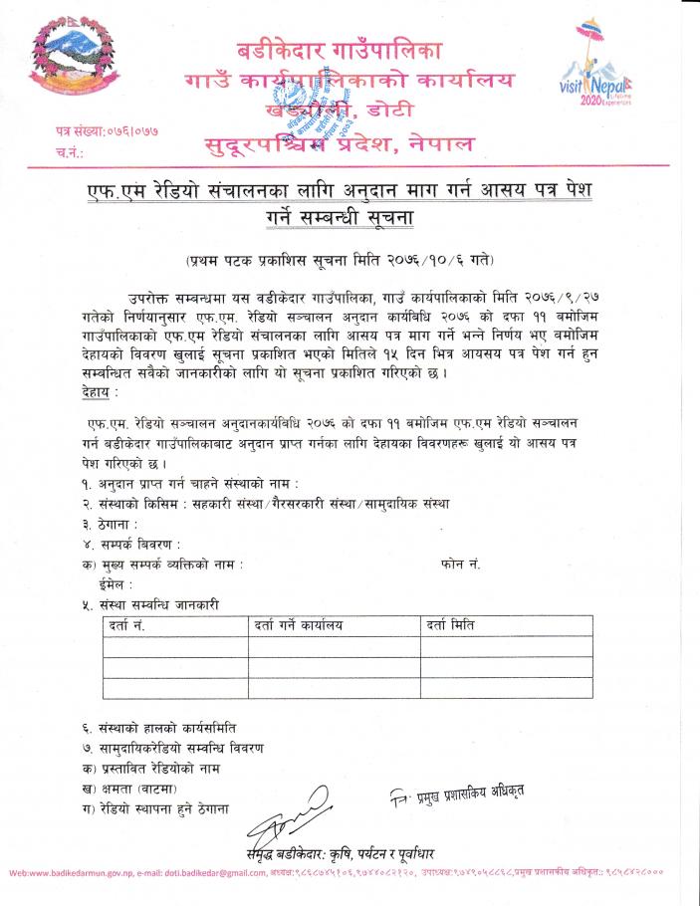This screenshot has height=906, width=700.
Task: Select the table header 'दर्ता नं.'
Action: [124, 625]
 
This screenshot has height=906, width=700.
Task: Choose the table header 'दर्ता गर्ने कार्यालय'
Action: [298, 625]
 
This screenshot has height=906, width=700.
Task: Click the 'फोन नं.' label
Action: [460, 565]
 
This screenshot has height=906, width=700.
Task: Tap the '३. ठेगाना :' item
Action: [110, 524]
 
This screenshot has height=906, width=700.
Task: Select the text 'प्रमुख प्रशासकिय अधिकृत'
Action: [458, 793]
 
